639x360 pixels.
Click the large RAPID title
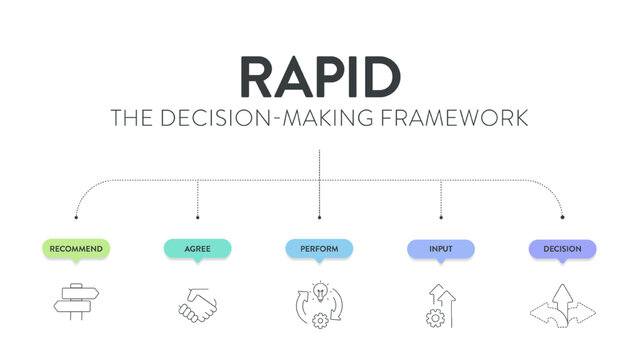pyautogui.click(x=319, y=76)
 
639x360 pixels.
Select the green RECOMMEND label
pyautogui.click(x=76, y=248)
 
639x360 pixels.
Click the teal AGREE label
pyautogui.click(x=197, y=248)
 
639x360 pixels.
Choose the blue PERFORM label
pyautogui.click(x=319, y=248)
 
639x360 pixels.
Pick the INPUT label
pyautogui.click(x=440, y=248)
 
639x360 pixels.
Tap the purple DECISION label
pyautogui.click(x=562, y=248)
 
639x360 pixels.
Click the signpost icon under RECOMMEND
pyautogui.click(x=76, y=300)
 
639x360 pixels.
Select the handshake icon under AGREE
pyautogui.click(x=197, y=302)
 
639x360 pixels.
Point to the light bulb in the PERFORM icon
pyautogui.click(x=319, y=291)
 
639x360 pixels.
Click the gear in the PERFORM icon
pyautogui.click(x=320, y=319)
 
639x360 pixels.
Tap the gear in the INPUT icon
pyautogui.click(x=435, y=317)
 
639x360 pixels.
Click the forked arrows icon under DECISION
pyautogui.click(x=562, y=302)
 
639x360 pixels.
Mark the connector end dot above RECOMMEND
pyautogui.click(x=76, y=216)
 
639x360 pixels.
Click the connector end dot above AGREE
pyautogui.click(x=197, y=216)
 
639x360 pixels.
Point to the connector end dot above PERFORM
pyautogui.click(x=319, y=216)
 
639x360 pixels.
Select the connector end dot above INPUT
pyautogui.click(x=440, y=216)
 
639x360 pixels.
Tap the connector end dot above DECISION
pyautogui.click(x=562, y=216)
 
